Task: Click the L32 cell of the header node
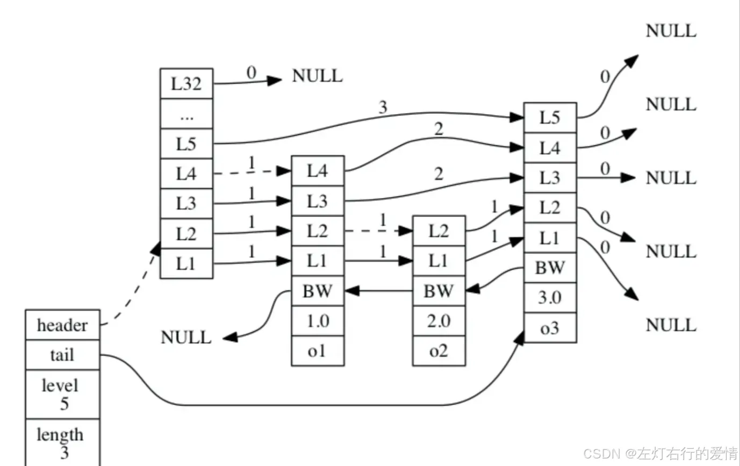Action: pyautogui.click(x=186, y=84)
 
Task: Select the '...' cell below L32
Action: pyautogui.click(x=186, y=114)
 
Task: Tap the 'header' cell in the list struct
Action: pyautogui.click(x=63, y=325)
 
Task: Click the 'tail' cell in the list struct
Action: pyautogui.click(x=63, y=355)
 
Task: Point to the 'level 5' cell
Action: pyautogui.click(x=63, y=395)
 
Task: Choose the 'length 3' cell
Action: pyautogui.click(x=63, y=443)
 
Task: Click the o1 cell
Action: pyautogui.click(x=318, y=351)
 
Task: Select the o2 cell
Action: pyautogui.click(x=439, y=351)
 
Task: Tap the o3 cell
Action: pyautogui.click(x=550, y=328)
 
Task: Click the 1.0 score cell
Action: pyautogui.click(x=318, y=321)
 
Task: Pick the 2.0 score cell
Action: pyautogui.click(x=439, y=321)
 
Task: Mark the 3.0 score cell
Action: pyautogui.click(x=550, y=297)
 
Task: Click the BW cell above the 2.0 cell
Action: pyautogui.click(x=439, y=291)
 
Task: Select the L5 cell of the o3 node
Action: pyautogui.click(x=550, y=118)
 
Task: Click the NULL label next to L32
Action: pyautogui.click(x=318, y=76)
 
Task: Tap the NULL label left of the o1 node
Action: pyautogui.click(x=186, y=338)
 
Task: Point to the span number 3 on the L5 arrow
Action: pyautogui.click(x=383, y=107)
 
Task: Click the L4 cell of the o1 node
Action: pyautogui.click(x=318, y=171)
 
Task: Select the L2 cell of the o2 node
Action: pyautogui.click(x=439, y=231)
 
